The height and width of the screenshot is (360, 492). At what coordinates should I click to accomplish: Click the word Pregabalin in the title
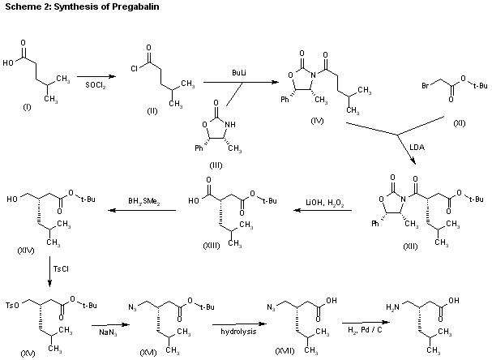tap(125, 8)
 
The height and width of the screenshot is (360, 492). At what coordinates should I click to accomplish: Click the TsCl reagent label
tap(61, 267)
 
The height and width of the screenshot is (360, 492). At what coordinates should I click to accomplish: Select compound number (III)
tap(215, 164)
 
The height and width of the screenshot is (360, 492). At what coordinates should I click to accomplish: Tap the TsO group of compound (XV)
tap(12, 306)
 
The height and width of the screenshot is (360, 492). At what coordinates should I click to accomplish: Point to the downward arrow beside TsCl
tap(50, 272)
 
